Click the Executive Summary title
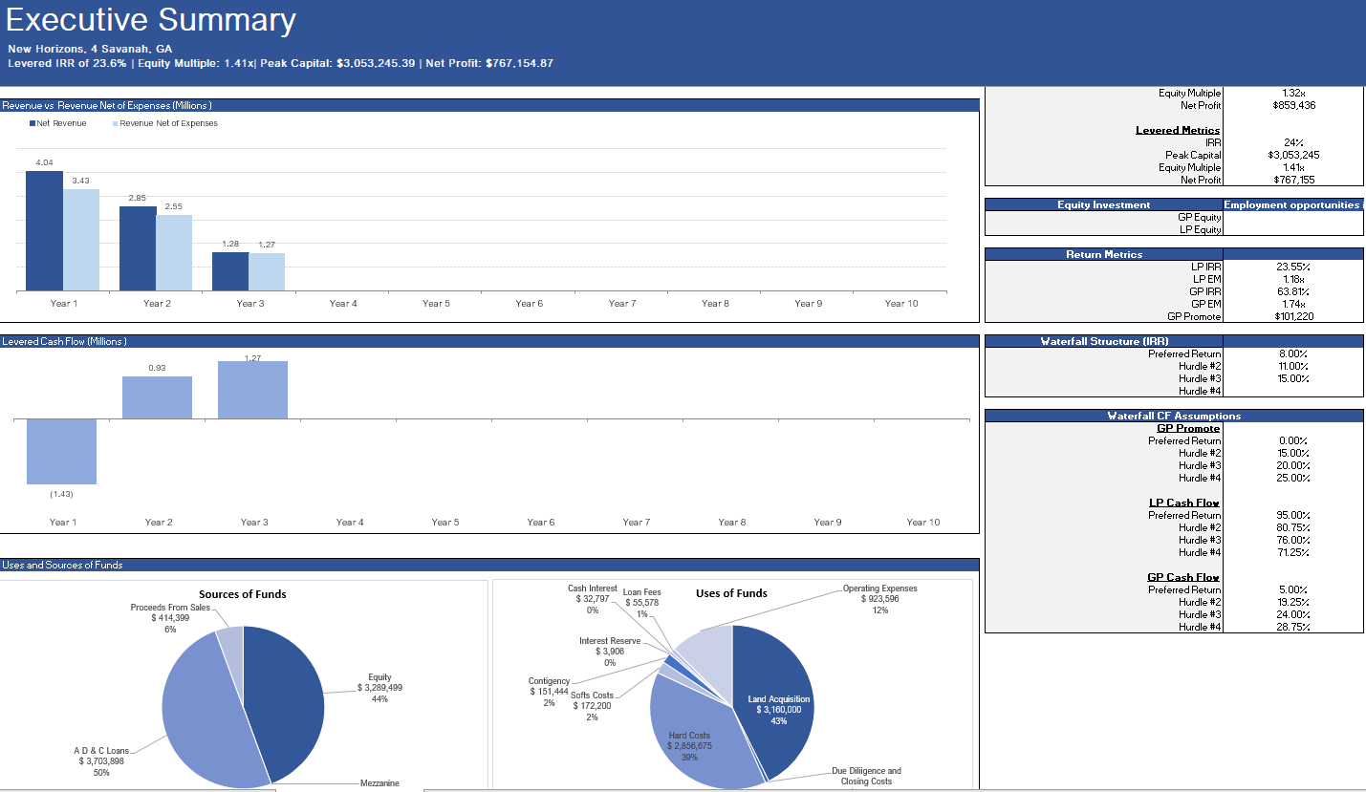(x=152, y=21)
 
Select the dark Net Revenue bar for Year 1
(x=44, y=231)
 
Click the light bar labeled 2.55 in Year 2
(x=174, y=252)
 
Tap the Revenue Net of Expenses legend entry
(x=168, y=123)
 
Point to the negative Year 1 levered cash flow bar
(x=61, y=451)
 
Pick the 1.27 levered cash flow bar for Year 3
(x=252, y=390)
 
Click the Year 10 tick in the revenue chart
(x=900, y=303)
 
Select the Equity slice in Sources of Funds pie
(x=287, y=697)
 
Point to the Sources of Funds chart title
(x=243, y=594)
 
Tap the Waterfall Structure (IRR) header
(x=1104, y=341)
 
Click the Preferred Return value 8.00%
(x=1292, y=353)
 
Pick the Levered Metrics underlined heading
(x=1177, y=130)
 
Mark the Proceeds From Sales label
(x=170, y=608)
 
